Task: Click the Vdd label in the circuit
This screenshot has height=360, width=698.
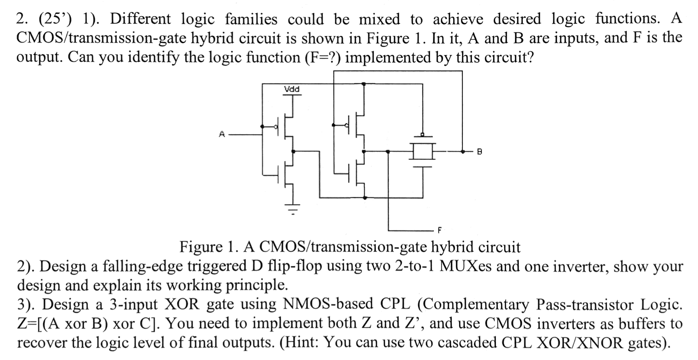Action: [292, 89]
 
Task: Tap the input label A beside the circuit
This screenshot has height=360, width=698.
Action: [222, 134]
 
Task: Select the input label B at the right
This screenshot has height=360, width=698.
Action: [479, 152]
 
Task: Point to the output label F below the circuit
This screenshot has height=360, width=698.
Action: [440, 230]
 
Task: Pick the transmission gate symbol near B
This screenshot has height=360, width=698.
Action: [422, 151]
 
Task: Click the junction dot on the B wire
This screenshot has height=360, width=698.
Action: [462, 151]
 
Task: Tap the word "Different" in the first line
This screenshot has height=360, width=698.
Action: [141, 19]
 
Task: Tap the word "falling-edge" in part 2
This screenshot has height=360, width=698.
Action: [145, 266]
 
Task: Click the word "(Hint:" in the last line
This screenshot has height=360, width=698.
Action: [299, 343]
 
